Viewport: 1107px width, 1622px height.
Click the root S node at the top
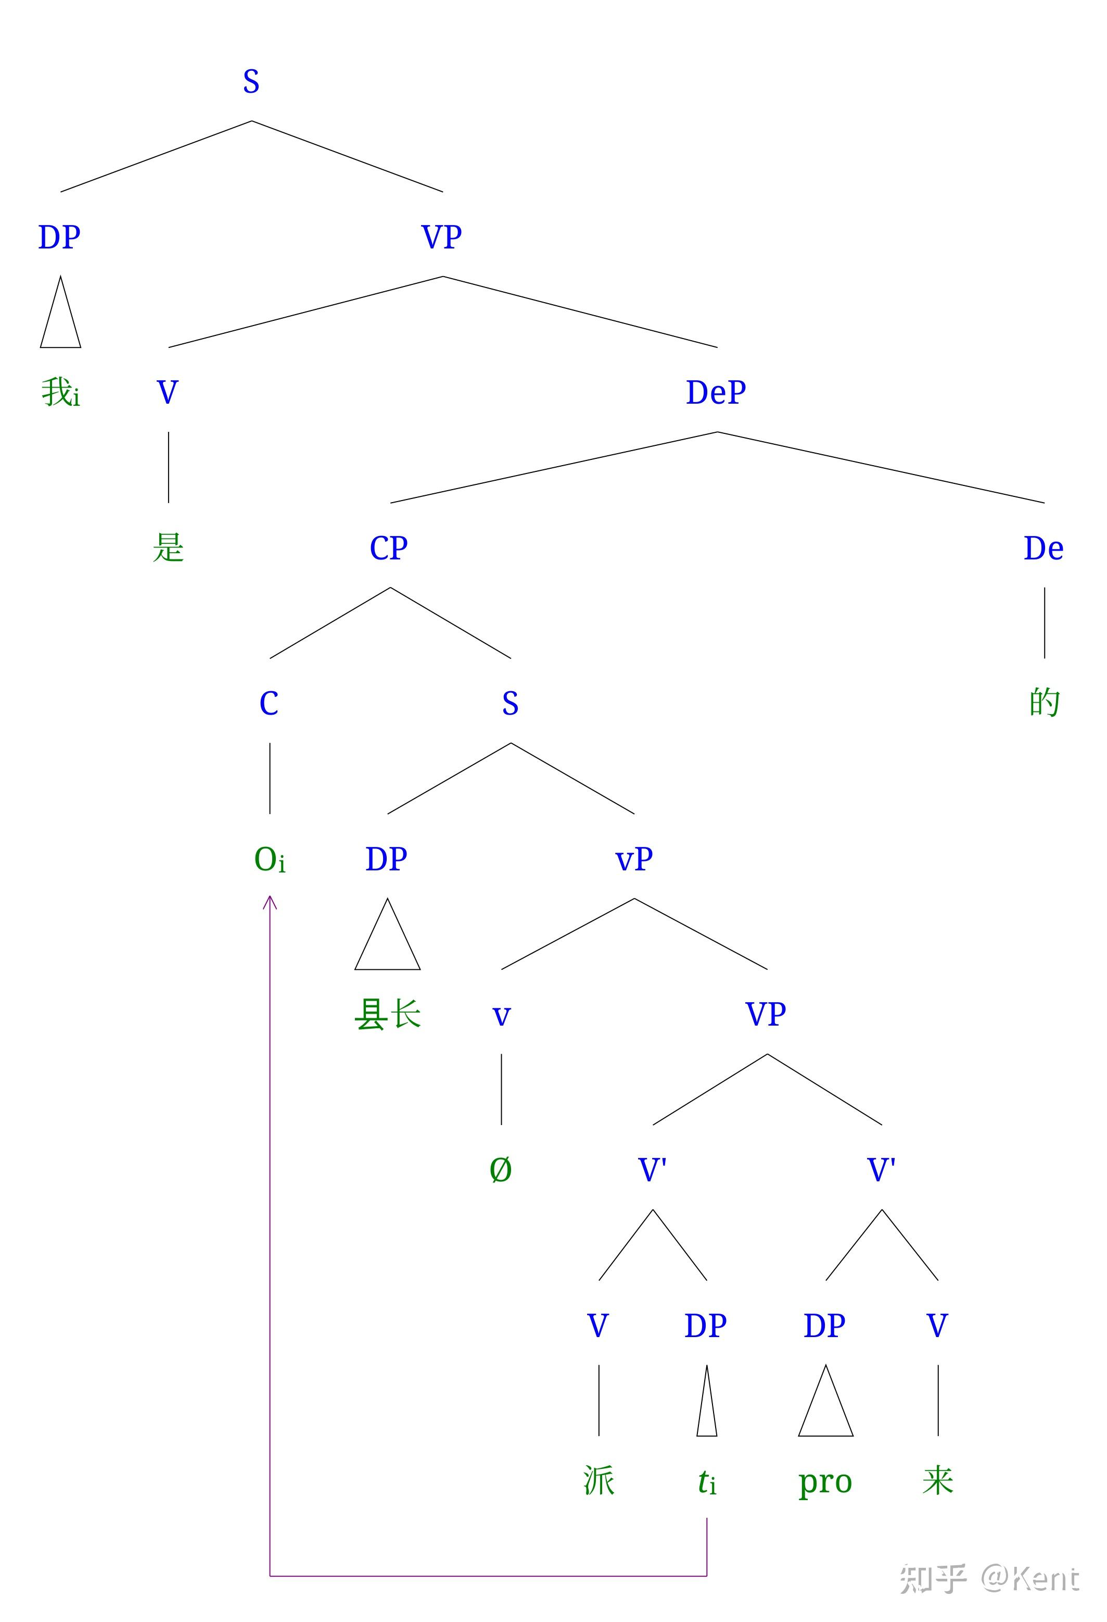(251, 82)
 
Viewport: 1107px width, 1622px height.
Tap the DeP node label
(716, 392)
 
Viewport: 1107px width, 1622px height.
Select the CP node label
(389, 548)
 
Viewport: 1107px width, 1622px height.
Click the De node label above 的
(1044, 548)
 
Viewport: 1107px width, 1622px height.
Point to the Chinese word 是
(168, 547)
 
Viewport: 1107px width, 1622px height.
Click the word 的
(1044, 702)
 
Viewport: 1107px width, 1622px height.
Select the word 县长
(387, 1014)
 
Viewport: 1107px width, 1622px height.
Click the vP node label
(633, 859)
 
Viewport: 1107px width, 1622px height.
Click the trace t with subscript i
(707, 1482)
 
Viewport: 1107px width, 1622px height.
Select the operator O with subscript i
(269, 859)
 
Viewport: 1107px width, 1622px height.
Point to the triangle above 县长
(387, 939)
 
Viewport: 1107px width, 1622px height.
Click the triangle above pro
(825, 1404)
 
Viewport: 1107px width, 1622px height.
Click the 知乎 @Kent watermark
(989, 1578)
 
